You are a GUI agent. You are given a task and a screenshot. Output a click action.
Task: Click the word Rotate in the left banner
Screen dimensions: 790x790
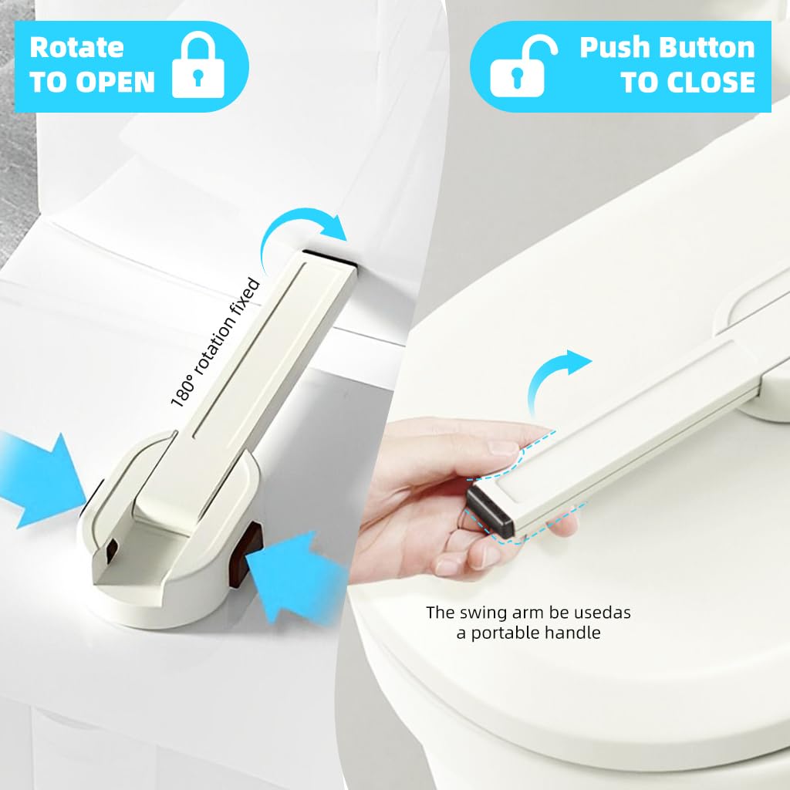[76, 47]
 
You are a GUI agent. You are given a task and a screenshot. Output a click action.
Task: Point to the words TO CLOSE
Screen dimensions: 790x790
[687, 82]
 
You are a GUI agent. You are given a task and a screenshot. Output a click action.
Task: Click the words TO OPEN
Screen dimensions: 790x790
[93, 82]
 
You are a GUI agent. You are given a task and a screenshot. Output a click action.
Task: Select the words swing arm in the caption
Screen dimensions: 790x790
[506, 613]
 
